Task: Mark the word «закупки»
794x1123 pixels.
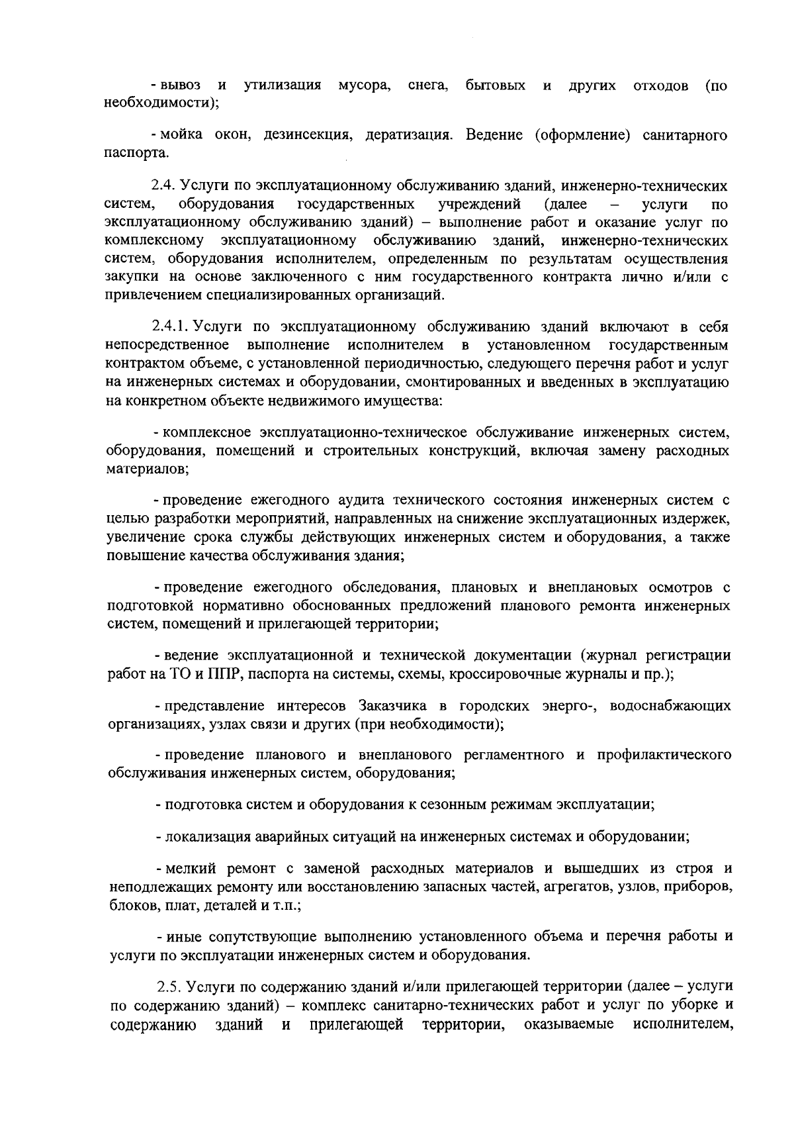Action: point(130,277)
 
